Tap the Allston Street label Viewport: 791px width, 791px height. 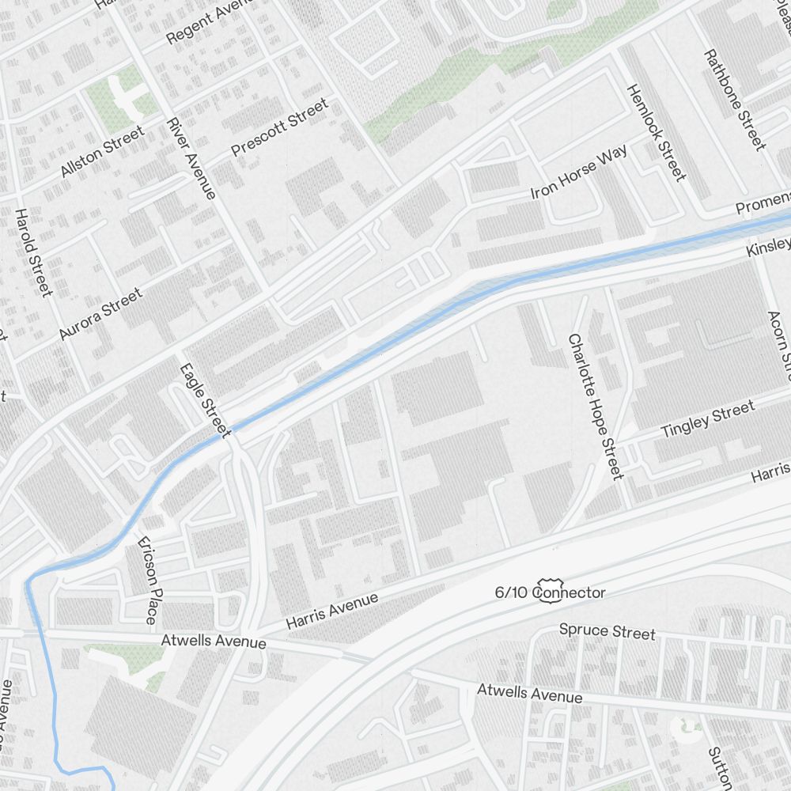click(102, 151)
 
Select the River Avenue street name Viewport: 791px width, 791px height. click(191, 158)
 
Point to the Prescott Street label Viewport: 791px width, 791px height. click(279, 127)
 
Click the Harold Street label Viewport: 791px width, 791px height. click(33, 252)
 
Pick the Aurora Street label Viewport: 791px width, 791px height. click(100, 314)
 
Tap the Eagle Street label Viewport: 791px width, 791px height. click(205, 400)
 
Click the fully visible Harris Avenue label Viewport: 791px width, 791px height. click(332, 611)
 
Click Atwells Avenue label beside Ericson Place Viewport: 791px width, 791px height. click(214, 641)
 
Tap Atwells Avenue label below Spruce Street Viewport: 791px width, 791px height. click(529, 694)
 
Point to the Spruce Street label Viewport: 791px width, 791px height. click(607, 631)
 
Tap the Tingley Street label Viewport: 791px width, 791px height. click(707, 419)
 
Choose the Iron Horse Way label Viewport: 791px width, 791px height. click(579, 172)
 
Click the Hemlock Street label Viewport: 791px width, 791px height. click(656, 132)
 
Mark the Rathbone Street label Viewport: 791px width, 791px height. click(735, 100)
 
